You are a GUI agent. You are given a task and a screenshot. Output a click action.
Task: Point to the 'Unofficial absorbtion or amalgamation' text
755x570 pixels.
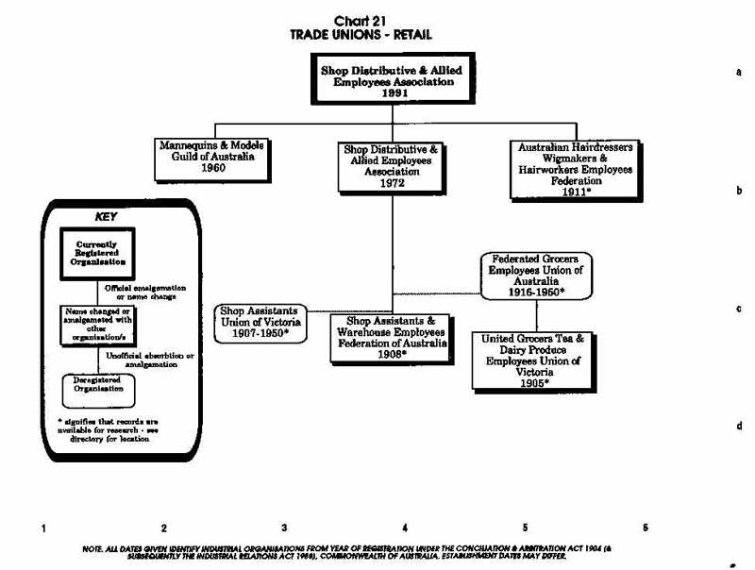150,360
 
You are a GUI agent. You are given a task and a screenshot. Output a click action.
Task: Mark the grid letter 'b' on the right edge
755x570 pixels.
738,190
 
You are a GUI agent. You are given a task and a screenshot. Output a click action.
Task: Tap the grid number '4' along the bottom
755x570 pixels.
405,528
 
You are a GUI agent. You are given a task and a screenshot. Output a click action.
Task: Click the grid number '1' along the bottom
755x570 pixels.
43,528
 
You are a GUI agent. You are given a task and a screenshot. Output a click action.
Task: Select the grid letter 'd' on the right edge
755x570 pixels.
738,427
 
